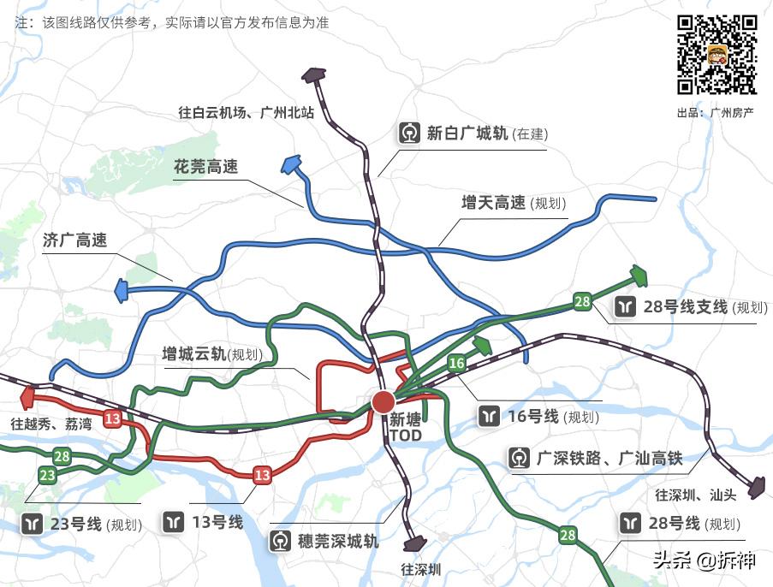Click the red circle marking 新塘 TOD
(x=383, y=401)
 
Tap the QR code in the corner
(x=717, y=55)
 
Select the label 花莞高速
(x=205, y=167)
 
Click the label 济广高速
(x=74, y=240)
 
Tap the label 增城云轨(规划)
(x=212, y=353)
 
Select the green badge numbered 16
(x=456, y=364)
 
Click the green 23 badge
(x=47, y=475)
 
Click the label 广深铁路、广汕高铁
(x=609, y=459)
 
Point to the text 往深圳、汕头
(x=695, y=495)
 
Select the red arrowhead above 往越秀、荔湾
(x=27, y=397)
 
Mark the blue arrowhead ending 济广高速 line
(x=121, y=292)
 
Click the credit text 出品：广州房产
(x=715, y=112)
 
